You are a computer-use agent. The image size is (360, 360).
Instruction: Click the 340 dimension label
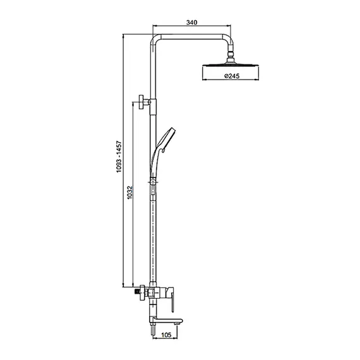point(192,22)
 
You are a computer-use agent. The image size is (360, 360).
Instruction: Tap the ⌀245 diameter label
point(232,76)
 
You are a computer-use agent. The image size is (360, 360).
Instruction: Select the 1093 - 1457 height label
point(119,157)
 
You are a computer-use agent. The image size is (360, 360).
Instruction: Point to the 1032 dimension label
point(130,193)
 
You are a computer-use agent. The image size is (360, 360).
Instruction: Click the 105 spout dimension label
point(166,335)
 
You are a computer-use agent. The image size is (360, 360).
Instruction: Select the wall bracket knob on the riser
point(141,102)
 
